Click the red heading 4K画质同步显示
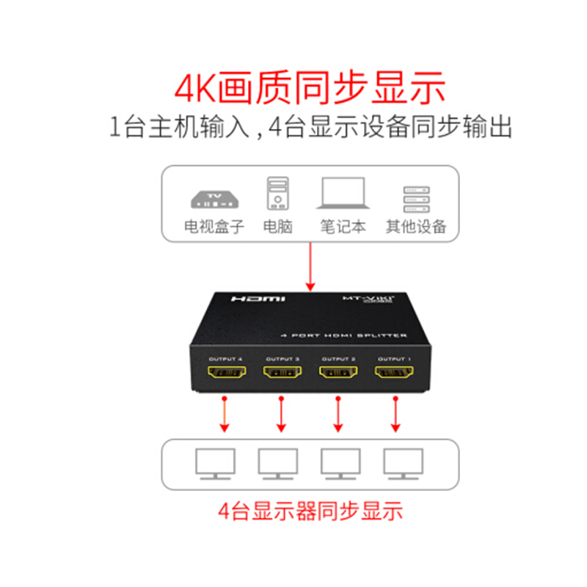click(310, 87)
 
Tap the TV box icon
click(214, 197)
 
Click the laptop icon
click(342, 194)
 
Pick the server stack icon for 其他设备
click(416, 196)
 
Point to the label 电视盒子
click(214, 226)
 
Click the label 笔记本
click(342, 226)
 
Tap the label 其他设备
click(416, 226)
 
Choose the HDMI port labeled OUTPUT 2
click(338, 374)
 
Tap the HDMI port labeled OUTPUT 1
click(394, 374)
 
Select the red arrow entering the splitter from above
click(310, 264)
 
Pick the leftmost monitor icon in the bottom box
click(216, 464)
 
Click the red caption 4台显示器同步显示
click(310, 510)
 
